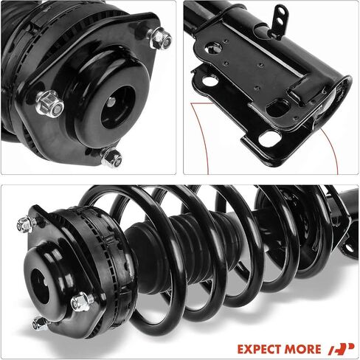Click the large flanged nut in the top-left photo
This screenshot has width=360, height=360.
(x=50, y=104)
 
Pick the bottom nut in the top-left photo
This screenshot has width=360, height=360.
(x=111, y=157)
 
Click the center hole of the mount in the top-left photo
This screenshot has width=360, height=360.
(x=119, y=107)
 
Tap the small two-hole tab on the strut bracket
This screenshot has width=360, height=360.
(x=279, y=21)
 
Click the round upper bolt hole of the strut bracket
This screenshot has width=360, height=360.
(x=213, y=48)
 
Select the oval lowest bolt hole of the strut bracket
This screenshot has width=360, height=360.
(x=270, y=137)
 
